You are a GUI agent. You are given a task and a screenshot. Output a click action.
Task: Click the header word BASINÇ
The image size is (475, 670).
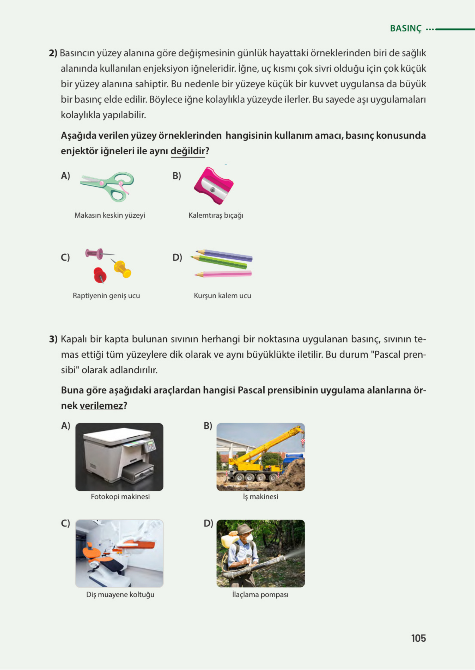[406, 28]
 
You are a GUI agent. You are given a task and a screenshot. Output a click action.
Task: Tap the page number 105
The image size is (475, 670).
[418, 638]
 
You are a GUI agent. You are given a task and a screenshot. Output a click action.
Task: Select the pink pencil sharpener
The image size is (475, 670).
[214, 186]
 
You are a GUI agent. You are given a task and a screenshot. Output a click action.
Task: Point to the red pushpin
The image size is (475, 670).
[99, 274]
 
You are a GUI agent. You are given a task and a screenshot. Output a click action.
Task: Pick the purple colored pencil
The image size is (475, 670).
[225, 255]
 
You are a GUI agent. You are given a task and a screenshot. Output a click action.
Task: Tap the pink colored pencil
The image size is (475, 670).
[224, 274]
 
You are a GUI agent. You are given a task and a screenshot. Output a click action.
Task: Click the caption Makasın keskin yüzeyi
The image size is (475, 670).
[110, 215]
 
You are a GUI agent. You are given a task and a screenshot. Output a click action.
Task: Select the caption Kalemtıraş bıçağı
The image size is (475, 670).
[216, 215]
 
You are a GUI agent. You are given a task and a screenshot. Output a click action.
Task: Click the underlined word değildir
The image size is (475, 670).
[188, 151]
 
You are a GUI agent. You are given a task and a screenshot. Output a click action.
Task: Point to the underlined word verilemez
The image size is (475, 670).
[101, 406]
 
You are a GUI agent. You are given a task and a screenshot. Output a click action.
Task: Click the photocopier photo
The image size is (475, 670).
[119, 457]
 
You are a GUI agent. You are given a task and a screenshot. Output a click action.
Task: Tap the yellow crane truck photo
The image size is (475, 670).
[260, 457]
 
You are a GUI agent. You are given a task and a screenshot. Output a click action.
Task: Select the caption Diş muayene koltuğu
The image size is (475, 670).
[120, 594]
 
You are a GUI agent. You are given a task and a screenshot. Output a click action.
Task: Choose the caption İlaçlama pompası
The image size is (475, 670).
[260, 594]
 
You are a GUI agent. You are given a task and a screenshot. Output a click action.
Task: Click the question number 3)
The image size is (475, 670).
[53, 339]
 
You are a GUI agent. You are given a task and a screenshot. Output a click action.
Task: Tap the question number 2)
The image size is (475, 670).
[53, 53]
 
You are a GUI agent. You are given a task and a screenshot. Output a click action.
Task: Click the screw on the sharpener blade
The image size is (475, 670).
[213, 190]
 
